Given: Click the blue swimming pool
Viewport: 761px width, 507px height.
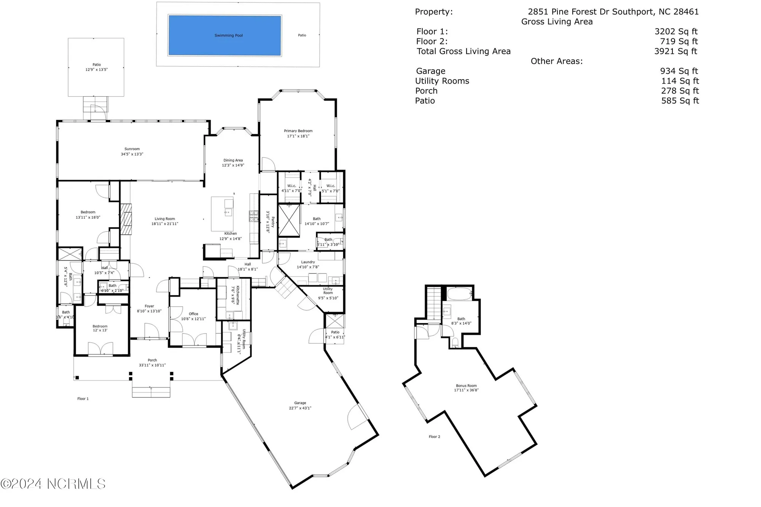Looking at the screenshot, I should click(x=224, y=35).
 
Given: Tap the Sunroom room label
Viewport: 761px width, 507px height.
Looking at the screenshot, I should click(x=132, y=149).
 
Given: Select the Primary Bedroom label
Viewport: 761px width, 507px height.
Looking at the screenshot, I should click(x=298, y=131).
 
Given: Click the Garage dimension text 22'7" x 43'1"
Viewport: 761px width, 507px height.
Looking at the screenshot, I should click(x=300, y=408).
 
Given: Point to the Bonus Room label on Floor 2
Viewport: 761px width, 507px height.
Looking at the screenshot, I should click(x=466, y=386).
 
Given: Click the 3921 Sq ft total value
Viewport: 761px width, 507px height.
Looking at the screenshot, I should click(x=675, y=51).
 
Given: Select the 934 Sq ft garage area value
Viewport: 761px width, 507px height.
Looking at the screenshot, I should click(x=679, y=71).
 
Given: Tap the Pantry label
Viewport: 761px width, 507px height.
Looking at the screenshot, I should click(x=273, y=222).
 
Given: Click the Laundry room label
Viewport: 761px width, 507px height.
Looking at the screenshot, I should click(x=308, y=262).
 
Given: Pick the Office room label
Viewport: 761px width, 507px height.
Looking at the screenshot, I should click(x=193, y=314).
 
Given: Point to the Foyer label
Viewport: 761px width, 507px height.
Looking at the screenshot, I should click(x=149, y=306).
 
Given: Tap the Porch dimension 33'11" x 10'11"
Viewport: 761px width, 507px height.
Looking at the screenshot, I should click(x=152, y=365).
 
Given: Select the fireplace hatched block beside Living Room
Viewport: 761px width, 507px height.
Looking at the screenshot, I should click(x=126, y=219).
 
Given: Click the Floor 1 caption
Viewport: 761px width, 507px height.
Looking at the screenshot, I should click(x=83, y=399).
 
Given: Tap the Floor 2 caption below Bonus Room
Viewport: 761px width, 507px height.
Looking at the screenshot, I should click(x=434, y=437).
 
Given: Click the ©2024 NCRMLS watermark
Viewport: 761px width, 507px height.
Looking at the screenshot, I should click(x=53, y=484).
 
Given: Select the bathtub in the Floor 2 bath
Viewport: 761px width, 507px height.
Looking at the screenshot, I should click(x=459, y=294).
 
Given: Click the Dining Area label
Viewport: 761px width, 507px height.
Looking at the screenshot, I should click(x=233, y=160).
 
